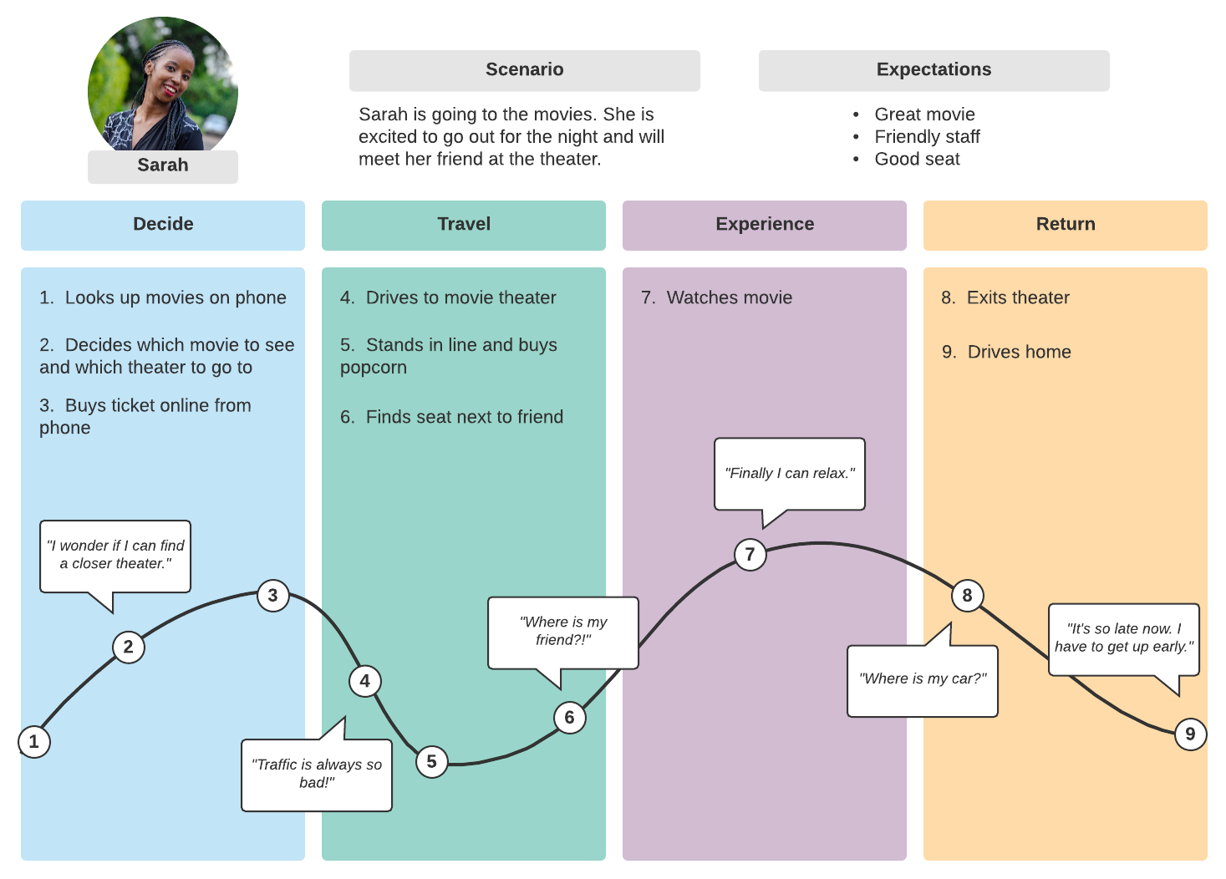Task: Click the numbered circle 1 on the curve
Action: [x=34, y=741]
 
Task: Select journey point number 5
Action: [x=431, y=761]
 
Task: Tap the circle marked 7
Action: [x=750, y=554]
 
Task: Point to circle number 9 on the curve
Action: [x=1190, y=734]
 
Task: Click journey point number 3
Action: [x=272, y=595]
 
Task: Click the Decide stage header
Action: [x=163, y=225]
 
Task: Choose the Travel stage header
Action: [x=464, y=225]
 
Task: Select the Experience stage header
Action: [x=765, y=225]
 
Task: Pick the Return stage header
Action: [x=1066, y=225]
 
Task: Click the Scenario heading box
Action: [x=525, y=70]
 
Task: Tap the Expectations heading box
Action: [x=933, y=70]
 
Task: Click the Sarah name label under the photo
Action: [x=163, y=165]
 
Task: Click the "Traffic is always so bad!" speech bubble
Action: [x=317, y=775]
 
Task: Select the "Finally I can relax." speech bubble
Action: [x=790, y=473]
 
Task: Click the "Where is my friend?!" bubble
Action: [x=563, y=632]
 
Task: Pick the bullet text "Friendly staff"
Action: [x=927, y=137]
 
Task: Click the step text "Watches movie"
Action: [x=729, y=297]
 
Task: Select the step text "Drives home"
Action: [x=1019, y=352]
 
